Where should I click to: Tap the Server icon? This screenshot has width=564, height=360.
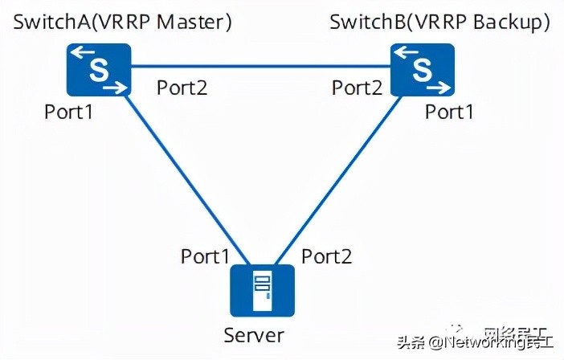(x=261, y=290)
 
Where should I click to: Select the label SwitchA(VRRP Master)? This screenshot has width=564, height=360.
(x=123, y=22)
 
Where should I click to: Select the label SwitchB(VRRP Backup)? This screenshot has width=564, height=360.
(x=440, y=22)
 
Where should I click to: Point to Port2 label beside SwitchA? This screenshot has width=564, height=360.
(x=182, y=88)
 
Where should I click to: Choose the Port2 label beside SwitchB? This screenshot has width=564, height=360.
(x=357, y=88)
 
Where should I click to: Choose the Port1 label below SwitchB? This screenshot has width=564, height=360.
(x=449, y=112)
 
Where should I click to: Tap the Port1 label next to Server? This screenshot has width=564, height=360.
(x=205, y=256)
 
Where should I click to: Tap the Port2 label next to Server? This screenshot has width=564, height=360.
(x=326, y=256)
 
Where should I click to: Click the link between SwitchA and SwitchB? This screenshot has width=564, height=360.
(x=260, y=66)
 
